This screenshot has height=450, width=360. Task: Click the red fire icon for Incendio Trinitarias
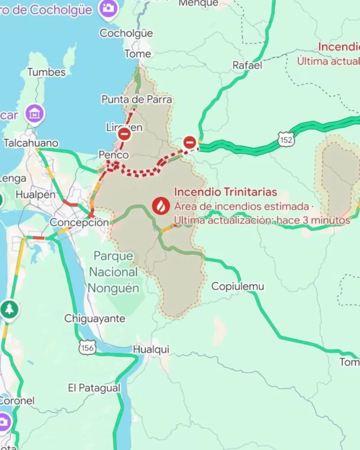tap(160, 205)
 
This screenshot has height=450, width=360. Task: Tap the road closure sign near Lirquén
tap(124, 134)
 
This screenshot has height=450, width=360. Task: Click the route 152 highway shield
tap(286, 140)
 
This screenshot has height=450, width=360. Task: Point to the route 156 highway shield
tap(87, 348)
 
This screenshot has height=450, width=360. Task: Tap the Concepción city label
tap(79, 222)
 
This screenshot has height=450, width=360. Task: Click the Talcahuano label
tap(31, 143)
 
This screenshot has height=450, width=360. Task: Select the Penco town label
tap(113, 155)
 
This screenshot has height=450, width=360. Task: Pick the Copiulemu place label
tap(238, 287)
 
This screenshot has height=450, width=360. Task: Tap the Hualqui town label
tap(151, 349)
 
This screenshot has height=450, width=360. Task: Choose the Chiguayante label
tap(95, 319)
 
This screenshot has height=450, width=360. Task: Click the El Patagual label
tap(94, 388)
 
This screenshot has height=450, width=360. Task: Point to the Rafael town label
tap(247, 65)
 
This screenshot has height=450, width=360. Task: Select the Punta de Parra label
tap(137, 100)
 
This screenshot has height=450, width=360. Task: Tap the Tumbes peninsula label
tap(46, 73)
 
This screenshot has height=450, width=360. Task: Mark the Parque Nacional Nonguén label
tap(113, 272)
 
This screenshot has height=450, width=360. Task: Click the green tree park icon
tap(9, 309)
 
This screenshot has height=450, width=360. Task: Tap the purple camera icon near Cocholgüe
tap(108, 8)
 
